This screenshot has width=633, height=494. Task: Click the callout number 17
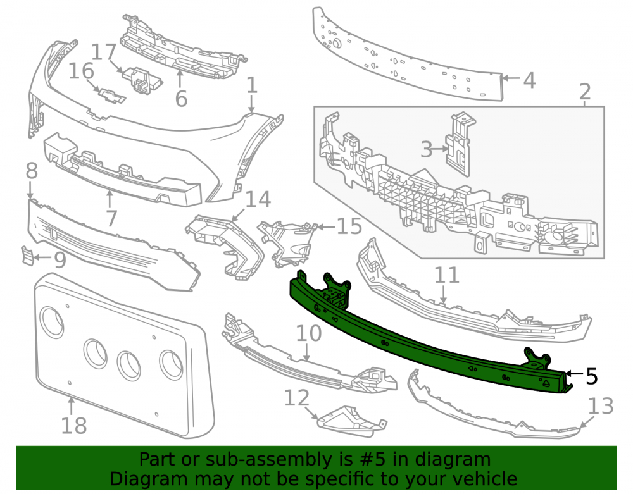click(104, 52)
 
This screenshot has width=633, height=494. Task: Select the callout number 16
click(81, 71)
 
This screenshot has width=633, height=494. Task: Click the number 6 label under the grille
click(181, 99)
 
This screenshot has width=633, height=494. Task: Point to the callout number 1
click(251, 86)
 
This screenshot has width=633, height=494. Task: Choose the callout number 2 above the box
click(585, 92)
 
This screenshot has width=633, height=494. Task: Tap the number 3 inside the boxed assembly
click(426, 149)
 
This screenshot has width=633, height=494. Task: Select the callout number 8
click(32, 171)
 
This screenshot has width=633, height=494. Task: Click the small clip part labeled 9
click(28, 256)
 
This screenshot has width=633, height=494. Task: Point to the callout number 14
click(258, 199)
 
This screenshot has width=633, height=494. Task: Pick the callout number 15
click(349, 226)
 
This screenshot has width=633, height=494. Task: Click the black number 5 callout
click(591, 376)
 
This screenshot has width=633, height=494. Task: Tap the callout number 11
click(446, 275)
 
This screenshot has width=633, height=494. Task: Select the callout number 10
click(309, 333)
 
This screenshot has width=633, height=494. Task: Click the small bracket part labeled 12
click(352, 421)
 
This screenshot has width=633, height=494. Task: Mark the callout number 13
click(601, 406)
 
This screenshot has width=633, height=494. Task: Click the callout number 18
click(74, 426)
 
